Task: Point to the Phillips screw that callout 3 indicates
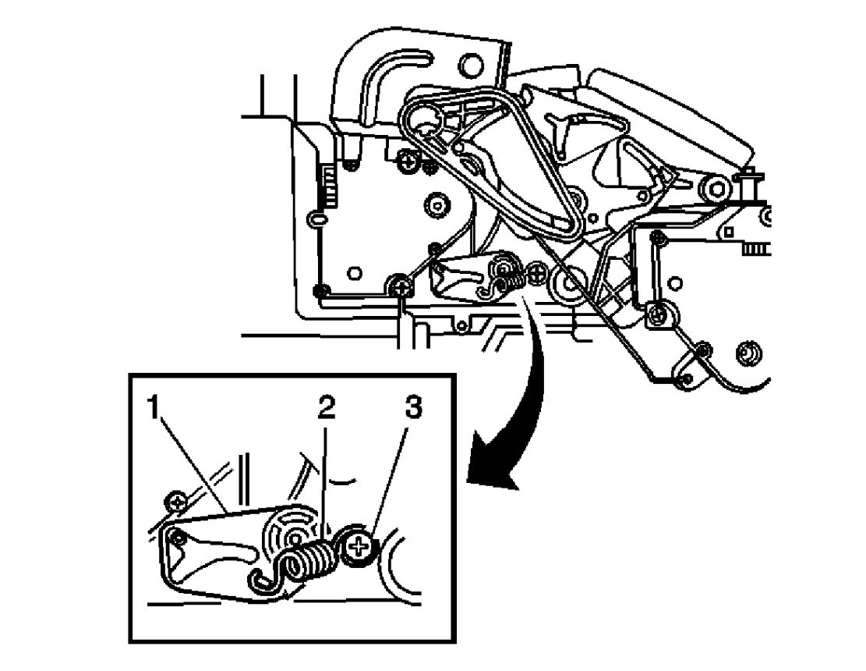point(358,549)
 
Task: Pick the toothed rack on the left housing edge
point(327,187)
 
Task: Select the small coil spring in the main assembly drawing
point(508,275)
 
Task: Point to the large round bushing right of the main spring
point(567,282)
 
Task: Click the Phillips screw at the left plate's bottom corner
point(401,287)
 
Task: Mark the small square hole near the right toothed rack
point(728,233)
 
